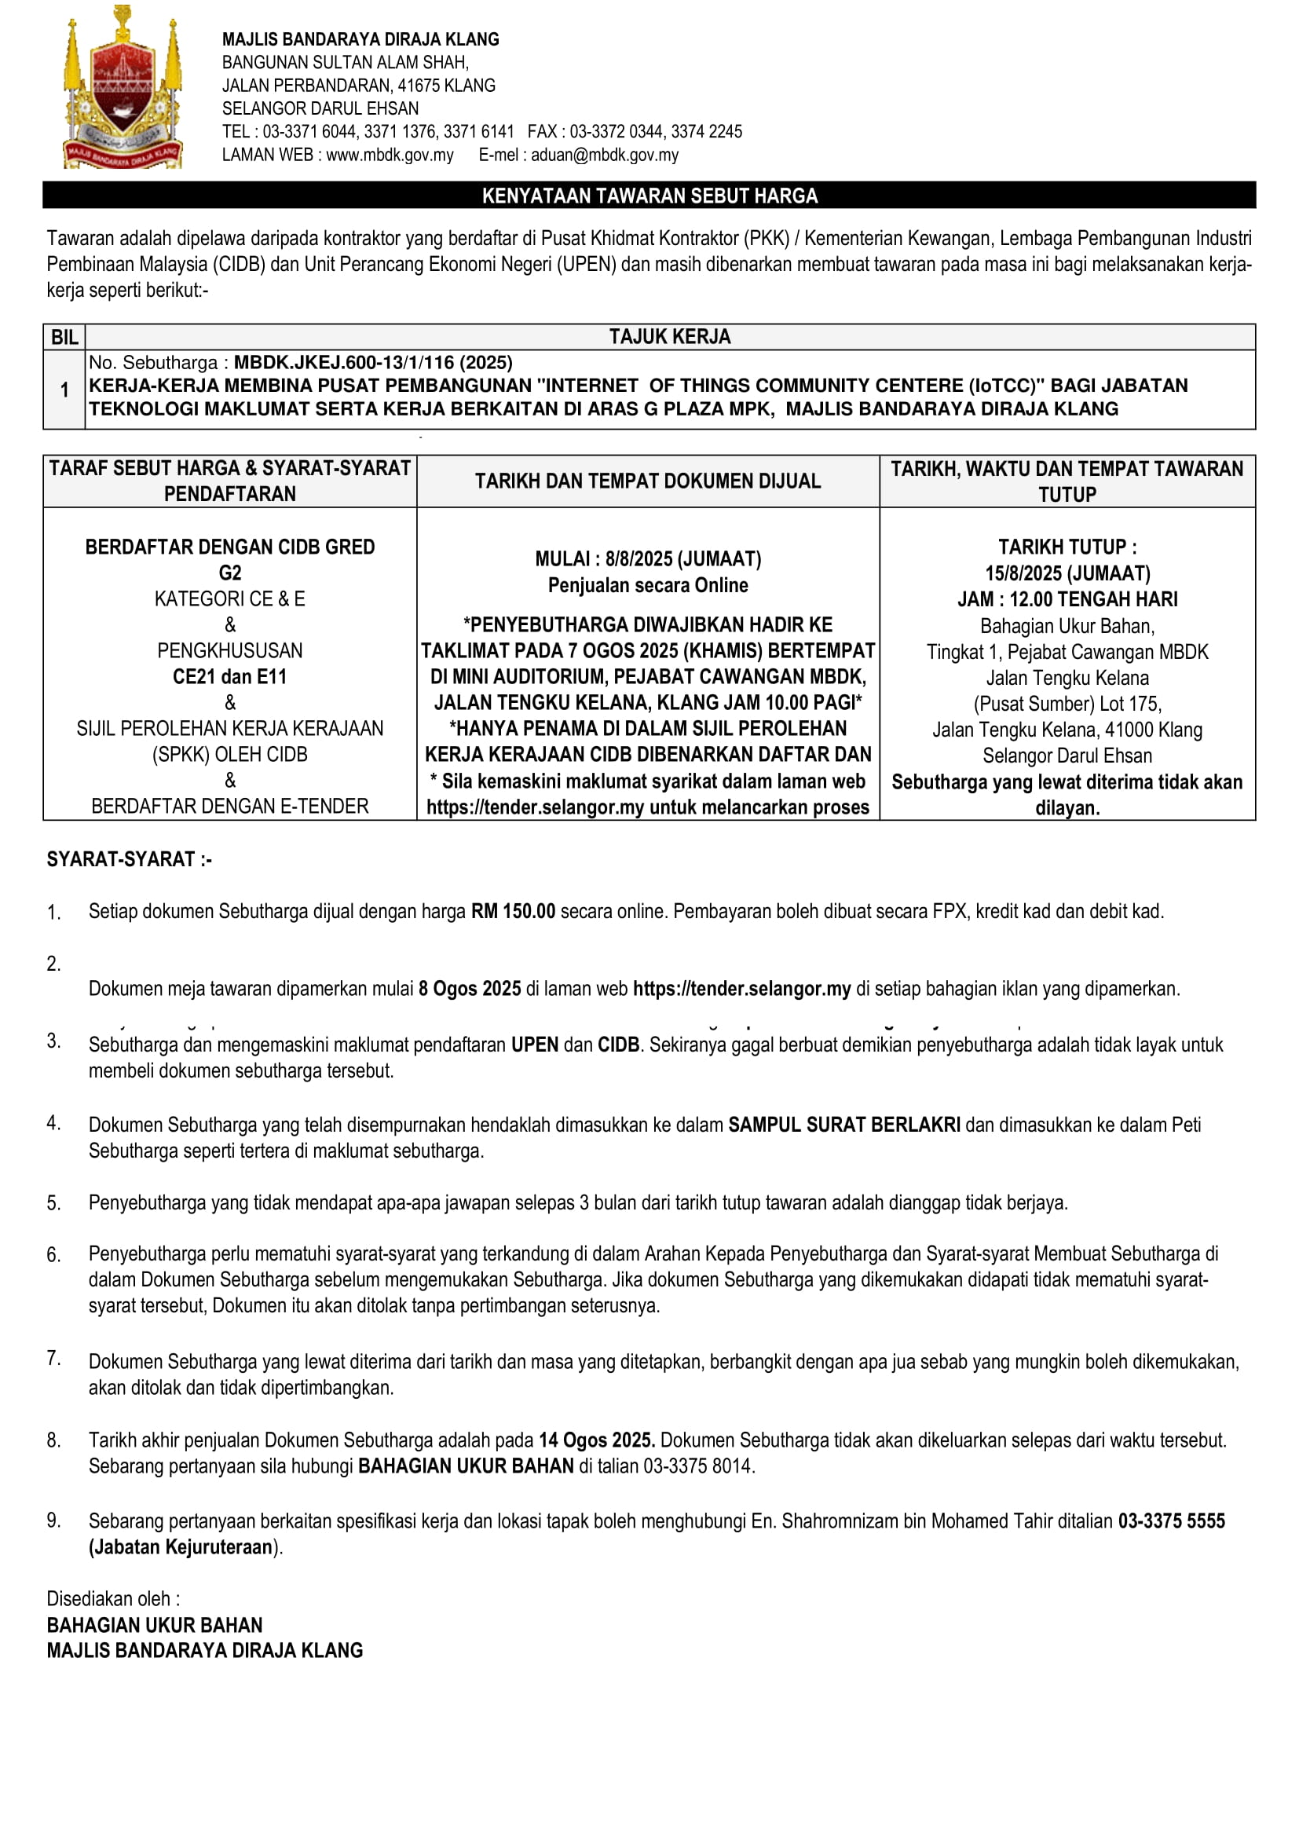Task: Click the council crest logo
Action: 123,88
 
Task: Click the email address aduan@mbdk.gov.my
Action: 604,156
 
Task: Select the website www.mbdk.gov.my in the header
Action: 390,156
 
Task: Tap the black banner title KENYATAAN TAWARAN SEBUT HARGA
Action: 649,196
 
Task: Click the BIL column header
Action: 64,337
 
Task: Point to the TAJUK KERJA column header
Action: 669,337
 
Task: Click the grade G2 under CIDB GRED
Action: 229,573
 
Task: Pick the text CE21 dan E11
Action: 229,677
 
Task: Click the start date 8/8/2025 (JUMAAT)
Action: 682,559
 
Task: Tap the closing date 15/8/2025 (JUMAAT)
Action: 1067,573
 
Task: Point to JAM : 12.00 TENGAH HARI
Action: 1067,599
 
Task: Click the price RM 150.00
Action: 513,911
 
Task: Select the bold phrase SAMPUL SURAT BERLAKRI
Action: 843,1125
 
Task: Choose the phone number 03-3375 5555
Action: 1171,1521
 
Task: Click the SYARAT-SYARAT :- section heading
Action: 129,859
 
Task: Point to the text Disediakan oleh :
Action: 113,1598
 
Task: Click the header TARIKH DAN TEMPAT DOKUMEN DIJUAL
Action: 647,481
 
